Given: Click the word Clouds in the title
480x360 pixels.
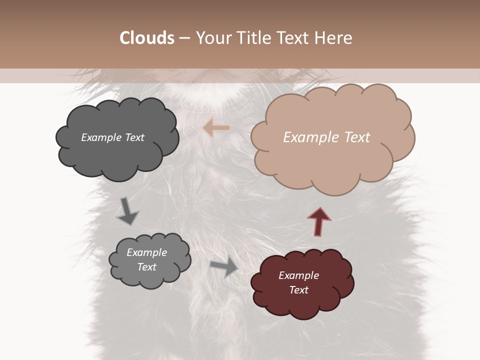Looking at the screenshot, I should (146, 38).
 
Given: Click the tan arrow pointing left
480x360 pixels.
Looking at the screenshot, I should (216, 128).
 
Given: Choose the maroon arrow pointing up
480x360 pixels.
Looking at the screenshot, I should (319, 221).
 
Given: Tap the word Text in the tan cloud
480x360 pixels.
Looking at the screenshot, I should (357, 137).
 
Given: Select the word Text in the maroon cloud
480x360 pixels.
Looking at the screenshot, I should (298, 290).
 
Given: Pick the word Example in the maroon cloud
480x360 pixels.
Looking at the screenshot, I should (298, 275).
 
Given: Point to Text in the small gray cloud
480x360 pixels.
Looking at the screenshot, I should (146, 267).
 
